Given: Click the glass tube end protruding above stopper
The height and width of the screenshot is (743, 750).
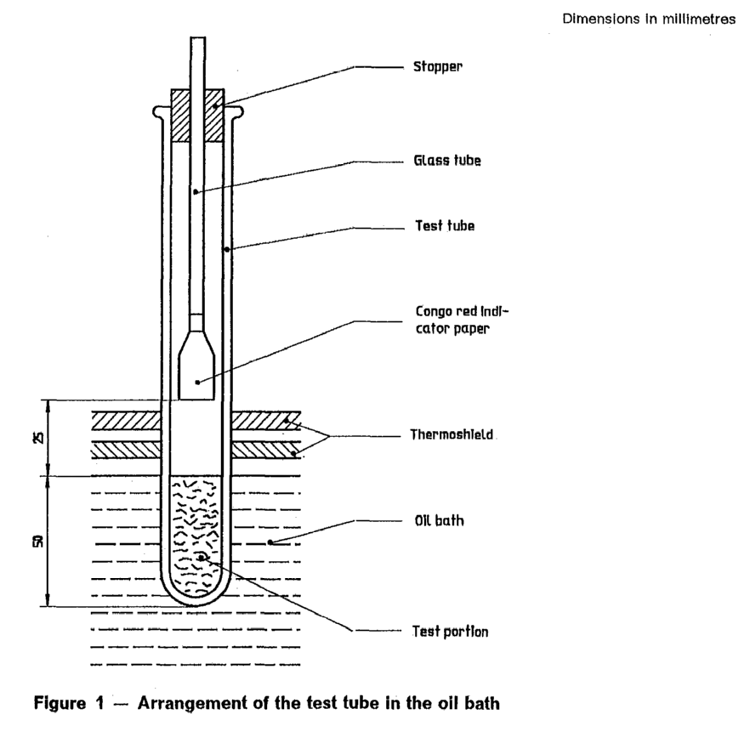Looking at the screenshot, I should pyautogui.click(x=197, y=60).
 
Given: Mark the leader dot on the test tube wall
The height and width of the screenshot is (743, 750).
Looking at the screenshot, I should pyautogui.click(x=227, y=249).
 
